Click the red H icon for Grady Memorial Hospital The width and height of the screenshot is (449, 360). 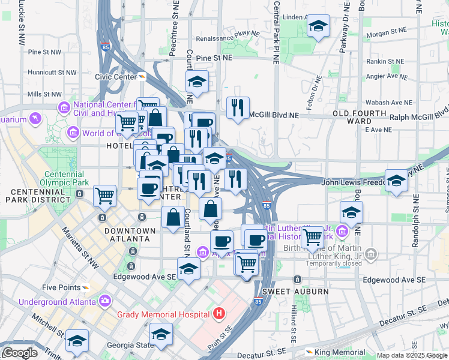click(x=219, y=314)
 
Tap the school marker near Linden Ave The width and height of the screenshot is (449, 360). click(x=318, y=26)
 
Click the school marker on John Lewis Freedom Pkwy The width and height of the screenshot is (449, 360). click(x=396, y=181)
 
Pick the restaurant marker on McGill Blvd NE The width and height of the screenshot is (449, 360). click(x=238, y=108)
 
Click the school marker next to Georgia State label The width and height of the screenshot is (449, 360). click(x=161, y=334)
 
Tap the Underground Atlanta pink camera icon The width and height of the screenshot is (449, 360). click(x=106, y=300)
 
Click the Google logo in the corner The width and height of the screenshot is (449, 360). click(x=19, y=353)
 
